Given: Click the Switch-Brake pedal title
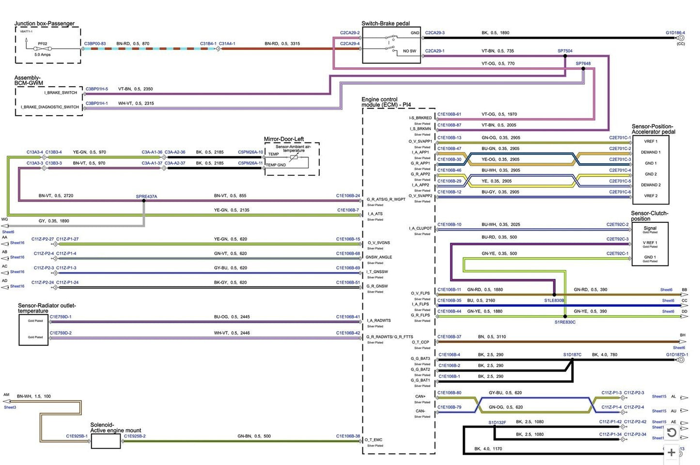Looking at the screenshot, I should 385,23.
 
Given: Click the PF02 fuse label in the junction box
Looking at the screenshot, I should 43,44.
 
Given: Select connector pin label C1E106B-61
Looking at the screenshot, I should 449,114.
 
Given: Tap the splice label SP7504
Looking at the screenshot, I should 565,51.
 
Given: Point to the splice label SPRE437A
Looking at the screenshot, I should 146,197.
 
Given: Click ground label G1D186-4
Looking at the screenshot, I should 675,33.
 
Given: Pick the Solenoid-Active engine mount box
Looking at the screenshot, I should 106,441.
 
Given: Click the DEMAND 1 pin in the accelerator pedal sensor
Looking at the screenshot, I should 651,152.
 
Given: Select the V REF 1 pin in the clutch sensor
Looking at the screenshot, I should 650,243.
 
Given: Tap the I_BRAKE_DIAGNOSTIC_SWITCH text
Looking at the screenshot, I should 49,107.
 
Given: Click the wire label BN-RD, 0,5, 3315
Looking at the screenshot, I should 282,44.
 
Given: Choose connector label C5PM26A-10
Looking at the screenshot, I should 250,152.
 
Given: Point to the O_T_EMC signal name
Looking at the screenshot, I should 373,440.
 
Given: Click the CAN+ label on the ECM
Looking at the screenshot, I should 420,396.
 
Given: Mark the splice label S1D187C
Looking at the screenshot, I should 572,355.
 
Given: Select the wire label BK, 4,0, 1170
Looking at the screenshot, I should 488,449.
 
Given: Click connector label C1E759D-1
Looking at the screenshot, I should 61,317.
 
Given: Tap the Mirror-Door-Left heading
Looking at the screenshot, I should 284,139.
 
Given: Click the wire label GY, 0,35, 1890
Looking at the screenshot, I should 54,221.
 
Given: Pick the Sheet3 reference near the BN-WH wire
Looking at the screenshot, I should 10,407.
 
